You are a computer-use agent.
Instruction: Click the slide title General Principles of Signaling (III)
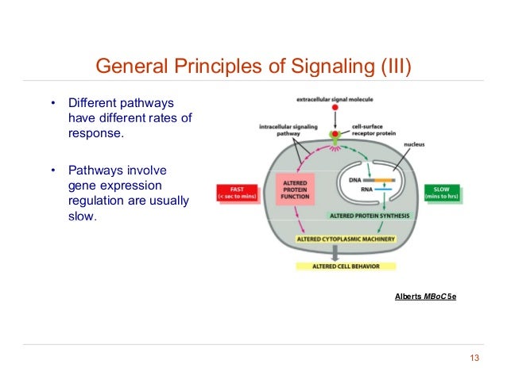pyautogui.click(x=253, y=64)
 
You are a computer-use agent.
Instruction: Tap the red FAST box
pyautogui.click(x=237, y=193)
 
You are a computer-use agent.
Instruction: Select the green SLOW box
pyautogui.click(x=441, y=193)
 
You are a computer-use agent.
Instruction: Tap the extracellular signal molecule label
pyautogui.click(x=340, y=99)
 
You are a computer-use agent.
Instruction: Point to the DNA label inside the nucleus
pyautogui.click(x=354, y=181)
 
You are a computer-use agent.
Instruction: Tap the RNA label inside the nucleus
pyautogui.click(x=354, y=190)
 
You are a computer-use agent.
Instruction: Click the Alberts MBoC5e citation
pyautogui.click(x=425, y=296)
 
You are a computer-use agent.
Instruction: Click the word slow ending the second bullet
pyautogui.click(x=79, y=215)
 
